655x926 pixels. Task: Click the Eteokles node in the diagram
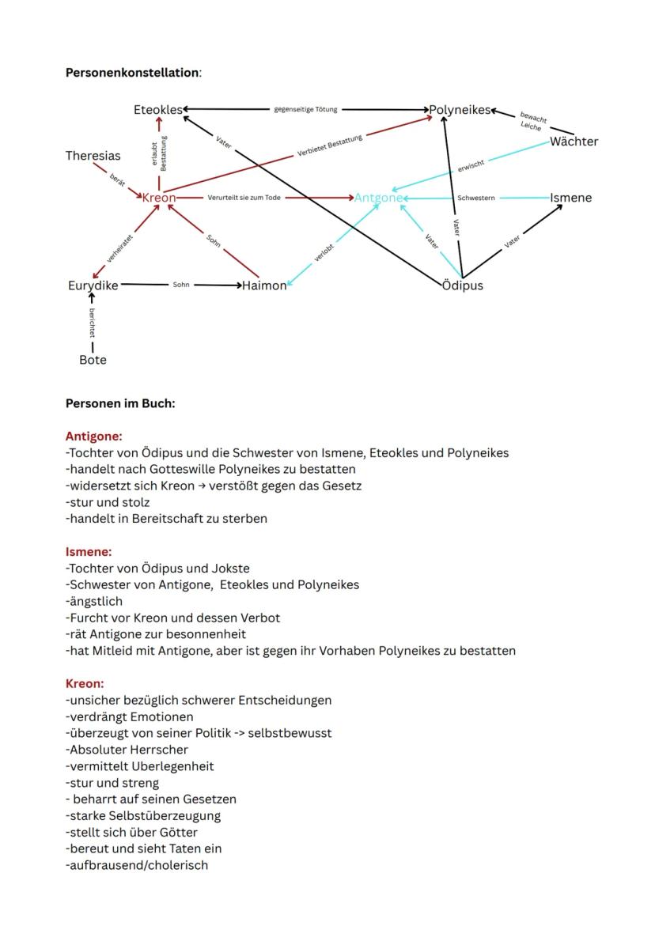tap(157, 110)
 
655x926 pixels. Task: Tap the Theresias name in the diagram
tap(93, 156)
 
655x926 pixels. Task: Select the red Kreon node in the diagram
tap(158, 197)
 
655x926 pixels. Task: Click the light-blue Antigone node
tap(378, 198)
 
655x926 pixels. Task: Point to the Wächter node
tap(574, 142)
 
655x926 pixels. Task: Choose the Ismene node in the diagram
tap(570, 198)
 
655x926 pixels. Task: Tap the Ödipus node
tap(463, 285)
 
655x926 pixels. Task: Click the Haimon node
tap(264, 285)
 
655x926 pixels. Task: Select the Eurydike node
tap(93, 285)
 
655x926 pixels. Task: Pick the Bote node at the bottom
tap(93, 360)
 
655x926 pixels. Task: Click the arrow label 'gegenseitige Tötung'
tap(305, 110)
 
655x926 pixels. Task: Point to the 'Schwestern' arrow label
tap(476, 198)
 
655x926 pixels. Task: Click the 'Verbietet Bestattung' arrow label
tap(330, 146)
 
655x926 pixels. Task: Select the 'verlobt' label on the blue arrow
tap(324, 251)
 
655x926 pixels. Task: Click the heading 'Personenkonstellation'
tap(132, 73)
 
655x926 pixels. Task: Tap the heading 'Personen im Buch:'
tap(120, 403)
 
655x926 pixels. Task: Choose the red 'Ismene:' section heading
tap(89, 551)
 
